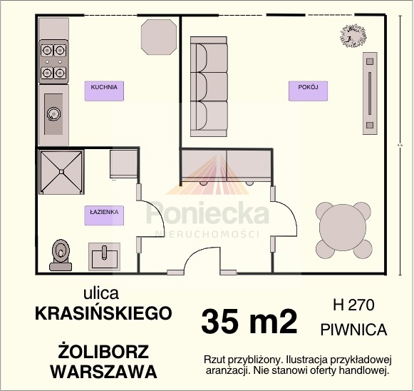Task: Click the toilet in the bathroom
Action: point(61,255)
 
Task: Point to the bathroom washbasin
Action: point(104,257)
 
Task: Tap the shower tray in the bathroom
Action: point(61,172)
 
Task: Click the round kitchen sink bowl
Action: point(53,114)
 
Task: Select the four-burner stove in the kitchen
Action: point(53,61)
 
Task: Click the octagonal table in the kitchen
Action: point(159,37)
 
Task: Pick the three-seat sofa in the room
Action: point(209,86)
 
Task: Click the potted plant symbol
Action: point(353,36)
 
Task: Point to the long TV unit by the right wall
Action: point(370,93)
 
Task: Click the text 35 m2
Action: point(249,322)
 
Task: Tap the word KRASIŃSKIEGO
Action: point(103,313)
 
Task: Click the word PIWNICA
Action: point(354,330)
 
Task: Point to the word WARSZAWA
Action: point(104,372)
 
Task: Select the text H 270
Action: point(354,305)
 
